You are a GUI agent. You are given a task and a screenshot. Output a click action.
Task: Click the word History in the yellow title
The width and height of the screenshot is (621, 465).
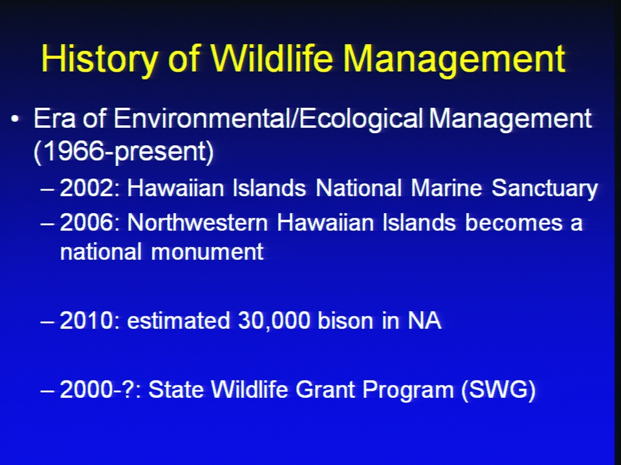coord(98,59)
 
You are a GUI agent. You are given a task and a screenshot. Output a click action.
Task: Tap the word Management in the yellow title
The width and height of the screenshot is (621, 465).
coord(454,59)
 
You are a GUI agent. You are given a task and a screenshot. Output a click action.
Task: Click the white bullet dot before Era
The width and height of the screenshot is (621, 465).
coord(15,119)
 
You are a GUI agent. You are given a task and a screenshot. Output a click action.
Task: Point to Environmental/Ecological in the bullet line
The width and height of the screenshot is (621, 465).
coord(268,119)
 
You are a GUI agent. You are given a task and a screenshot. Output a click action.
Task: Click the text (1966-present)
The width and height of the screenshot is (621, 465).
coord(124,151)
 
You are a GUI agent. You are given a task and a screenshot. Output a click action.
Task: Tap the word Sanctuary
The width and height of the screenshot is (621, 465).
coord(545,188)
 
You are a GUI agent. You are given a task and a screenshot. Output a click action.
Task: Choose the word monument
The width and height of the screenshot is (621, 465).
coord(208,252)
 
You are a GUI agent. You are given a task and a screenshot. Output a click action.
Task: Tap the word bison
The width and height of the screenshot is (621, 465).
coord(345,320)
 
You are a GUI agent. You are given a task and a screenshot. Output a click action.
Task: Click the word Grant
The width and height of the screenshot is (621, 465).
coord(325,389)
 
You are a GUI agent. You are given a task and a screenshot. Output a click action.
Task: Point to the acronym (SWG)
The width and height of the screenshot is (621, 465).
coord(498,390)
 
